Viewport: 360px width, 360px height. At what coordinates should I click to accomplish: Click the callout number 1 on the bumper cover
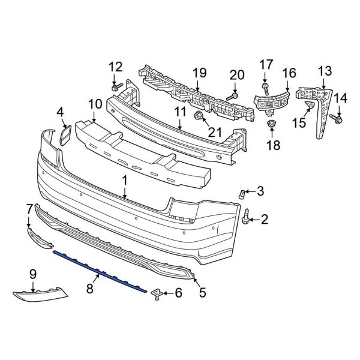tap(124, 179)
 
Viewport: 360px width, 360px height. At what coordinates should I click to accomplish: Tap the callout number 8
tap(90, 289)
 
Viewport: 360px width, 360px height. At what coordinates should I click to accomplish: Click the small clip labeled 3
tap(243, 194)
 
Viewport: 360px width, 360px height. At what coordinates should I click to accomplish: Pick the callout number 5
tap(202, 292)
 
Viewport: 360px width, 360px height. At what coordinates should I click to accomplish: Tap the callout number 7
tap(29, 208)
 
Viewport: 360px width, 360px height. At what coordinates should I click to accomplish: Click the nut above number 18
tap(271, 125)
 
